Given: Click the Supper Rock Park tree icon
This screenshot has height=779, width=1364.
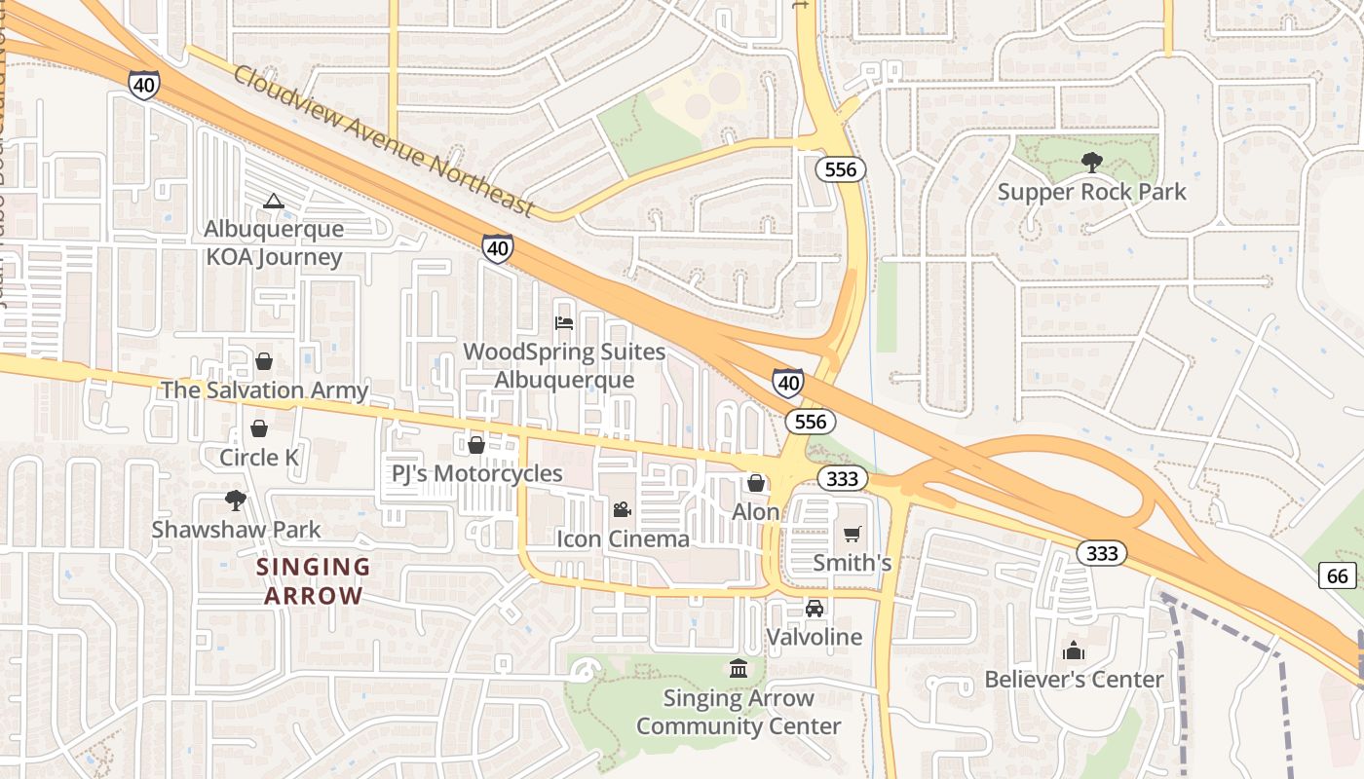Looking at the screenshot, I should coord(1090,162).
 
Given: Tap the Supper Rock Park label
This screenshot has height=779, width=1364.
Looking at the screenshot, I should coord(1091,192).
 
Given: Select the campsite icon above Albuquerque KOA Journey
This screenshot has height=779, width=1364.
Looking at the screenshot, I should coord(274,202).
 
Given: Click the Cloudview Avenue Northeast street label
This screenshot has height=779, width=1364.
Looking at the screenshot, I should coord(384,142).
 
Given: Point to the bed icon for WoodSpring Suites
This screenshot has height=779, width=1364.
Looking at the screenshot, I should coord(564,322).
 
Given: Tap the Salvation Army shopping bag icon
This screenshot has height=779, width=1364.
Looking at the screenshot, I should coord(264,362).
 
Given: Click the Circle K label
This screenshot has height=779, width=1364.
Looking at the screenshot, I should coord(258,457).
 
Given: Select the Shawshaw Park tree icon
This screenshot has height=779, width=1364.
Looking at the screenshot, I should coord(235,501).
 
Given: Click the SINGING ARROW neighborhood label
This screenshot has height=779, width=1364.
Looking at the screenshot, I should coord(313,581).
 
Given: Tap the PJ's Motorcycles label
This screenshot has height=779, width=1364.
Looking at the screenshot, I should coord(477,473).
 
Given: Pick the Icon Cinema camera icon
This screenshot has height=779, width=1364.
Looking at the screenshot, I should coord(622,509).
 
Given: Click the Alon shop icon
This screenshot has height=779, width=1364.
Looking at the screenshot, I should coord(756,483).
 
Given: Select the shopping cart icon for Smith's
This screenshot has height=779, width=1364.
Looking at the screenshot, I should coord(852,534).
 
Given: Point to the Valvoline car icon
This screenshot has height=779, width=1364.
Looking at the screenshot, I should coord(815,609).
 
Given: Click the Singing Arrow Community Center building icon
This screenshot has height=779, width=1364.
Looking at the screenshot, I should coord(739,669).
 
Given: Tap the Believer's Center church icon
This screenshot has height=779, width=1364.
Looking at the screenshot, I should coord(1074,650).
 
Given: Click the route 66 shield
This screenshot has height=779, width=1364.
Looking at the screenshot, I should coord(1338,575).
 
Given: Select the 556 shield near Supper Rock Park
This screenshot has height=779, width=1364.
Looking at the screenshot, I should coord(840,169).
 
